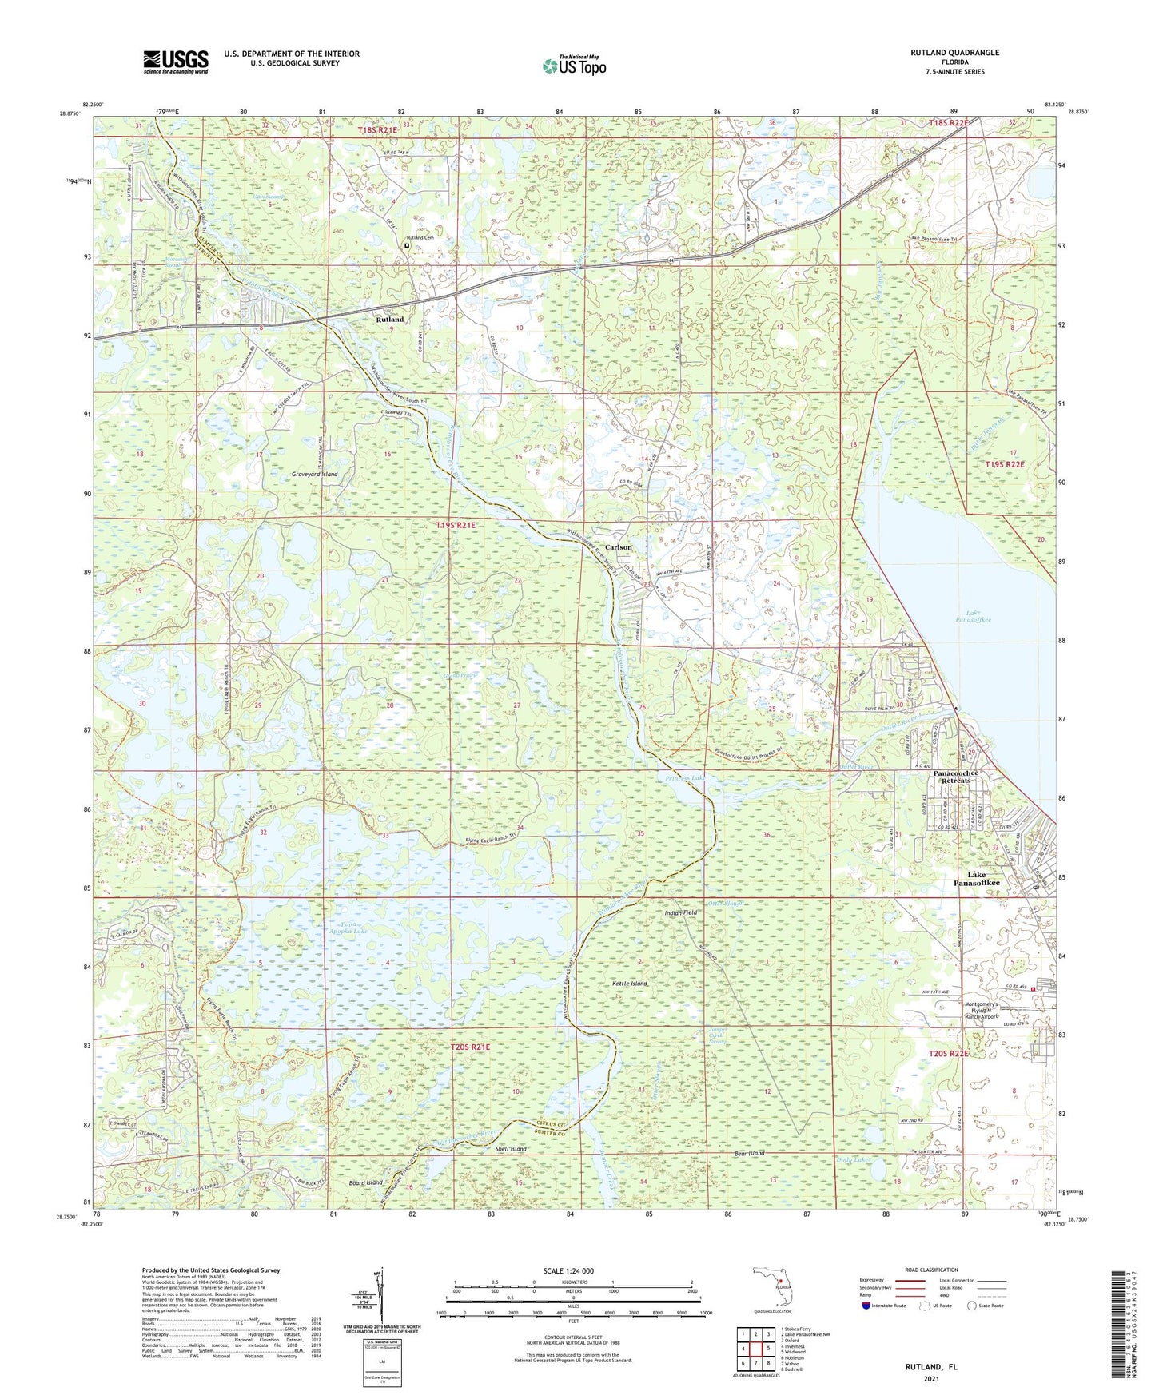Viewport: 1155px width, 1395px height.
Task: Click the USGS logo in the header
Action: coord(176,62)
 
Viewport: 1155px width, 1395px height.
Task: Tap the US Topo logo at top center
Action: coord(574,66)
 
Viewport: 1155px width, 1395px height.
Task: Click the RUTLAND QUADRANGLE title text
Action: coord(954,53)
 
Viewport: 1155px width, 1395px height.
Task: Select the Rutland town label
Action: coord(390,319)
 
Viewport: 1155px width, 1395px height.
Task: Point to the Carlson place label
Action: coord(618,547)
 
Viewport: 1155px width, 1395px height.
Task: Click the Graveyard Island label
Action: coord(313,475)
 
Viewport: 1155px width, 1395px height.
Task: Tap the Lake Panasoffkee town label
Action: coord(976,879)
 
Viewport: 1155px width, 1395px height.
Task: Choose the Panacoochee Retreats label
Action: coord(955,778)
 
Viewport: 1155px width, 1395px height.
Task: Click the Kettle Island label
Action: coord(629,984)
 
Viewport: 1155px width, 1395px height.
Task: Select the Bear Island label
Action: coord(749,1154)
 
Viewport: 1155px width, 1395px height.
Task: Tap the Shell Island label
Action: coord(512,1149)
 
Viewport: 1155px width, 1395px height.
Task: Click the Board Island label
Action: coord(365,1182)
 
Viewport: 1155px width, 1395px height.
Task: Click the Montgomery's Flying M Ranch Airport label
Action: coord(990,1009)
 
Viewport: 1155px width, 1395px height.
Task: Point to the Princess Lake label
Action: coord(683,778)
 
